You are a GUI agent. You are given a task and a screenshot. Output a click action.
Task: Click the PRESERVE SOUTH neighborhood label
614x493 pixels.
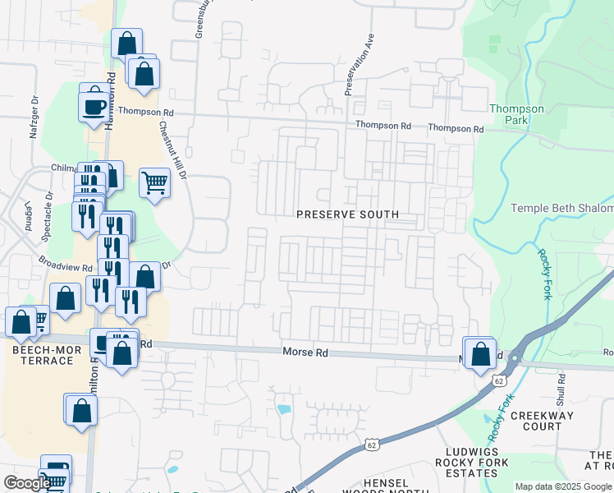(x=348, y=214)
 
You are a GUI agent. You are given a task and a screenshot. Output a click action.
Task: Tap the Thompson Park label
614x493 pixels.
(x=516, y=114)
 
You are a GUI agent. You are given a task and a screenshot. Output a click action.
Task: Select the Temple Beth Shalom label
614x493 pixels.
(x=562, y=209)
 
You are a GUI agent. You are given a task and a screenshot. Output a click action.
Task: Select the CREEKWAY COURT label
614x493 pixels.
(x=536, y=422)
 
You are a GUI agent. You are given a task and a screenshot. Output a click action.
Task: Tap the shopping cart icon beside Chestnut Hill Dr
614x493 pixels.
(x=154, y=182)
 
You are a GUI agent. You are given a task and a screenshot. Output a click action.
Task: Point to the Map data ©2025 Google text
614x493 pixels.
(x=563, y=486)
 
